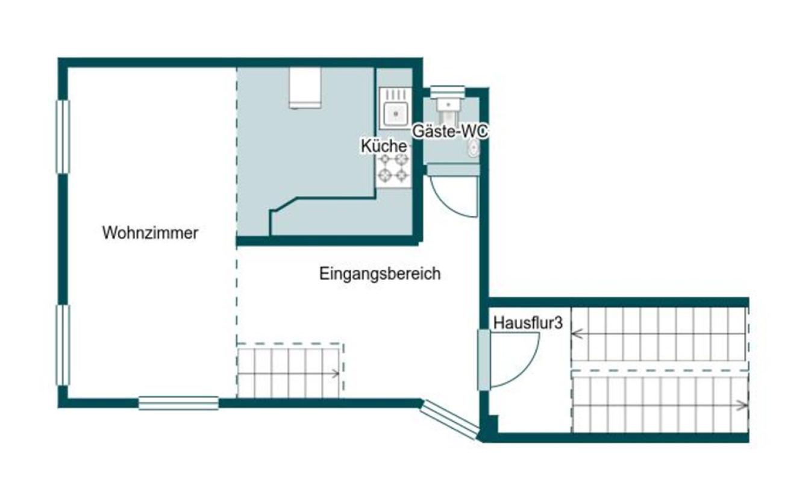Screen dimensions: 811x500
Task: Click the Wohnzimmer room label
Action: [150, 233]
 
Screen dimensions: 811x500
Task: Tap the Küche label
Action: [384, 146]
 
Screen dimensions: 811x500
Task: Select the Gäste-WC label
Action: [450, 131]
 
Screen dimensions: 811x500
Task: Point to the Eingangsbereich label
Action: [380, 273]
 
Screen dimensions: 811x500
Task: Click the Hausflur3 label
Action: [528, 323]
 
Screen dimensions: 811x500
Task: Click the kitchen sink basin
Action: [396, 114]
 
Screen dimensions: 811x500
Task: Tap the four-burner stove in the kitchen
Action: [393, 169]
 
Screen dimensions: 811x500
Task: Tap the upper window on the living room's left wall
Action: [63, 137]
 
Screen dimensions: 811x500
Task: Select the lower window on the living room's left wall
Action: [63, 345]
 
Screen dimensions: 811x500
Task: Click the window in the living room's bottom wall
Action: [178, 403]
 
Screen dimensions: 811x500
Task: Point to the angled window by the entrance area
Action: [449, 420]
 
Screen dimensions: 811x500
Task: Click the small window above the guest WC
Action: [447, 92]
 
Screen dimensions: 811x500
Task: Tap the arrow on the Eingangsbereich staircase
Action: [335, 373]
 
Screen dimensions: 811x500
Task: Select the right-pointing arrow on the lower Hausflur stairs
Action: [742, 405]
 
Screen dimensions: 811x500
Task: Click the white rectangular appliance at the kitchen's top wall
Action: [305, 88]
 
